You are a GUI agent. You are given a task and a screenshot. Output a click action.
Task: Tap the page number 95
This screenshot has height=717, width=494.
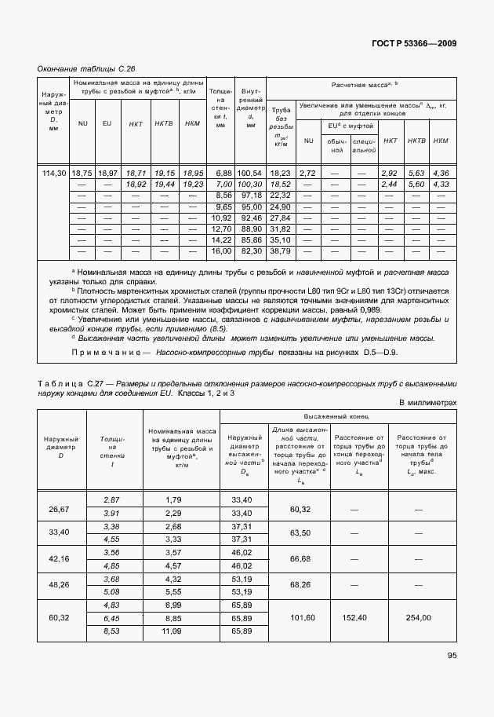pyautogui.click(x=452, y=655)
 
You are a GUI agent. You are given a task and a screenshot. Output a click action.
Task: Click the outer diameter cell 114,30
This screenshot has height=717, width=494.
pyautogui.click(x=54, y=172)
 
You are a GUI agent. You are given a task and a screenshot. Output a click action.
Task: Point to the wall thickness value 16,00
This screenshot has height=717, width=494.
pyautogui.click(x=222, y=251)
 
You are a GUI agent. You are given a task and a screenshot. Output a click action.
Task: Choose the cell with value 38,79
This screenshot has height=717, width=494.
pyautogui.click(x=280, y=251)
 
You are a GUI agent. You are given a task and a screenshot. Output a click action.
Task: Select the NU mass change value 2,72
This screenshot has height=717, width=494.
pyautogui.click(x=307, y=172)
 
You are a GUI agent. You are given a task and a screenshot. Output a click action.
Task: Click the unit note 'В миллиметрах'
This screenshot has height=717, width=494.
pyautogui.click(x=427, y=402)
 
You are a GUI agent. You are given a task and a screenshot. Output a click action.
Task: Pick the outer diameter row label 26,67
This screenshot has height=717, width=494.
pyautogui.click(x=59, y=510)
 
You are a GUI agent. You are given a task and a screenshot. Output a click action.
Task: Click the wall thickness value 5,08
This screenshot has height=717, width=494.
pyautogui.click(x=111, y=591)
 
